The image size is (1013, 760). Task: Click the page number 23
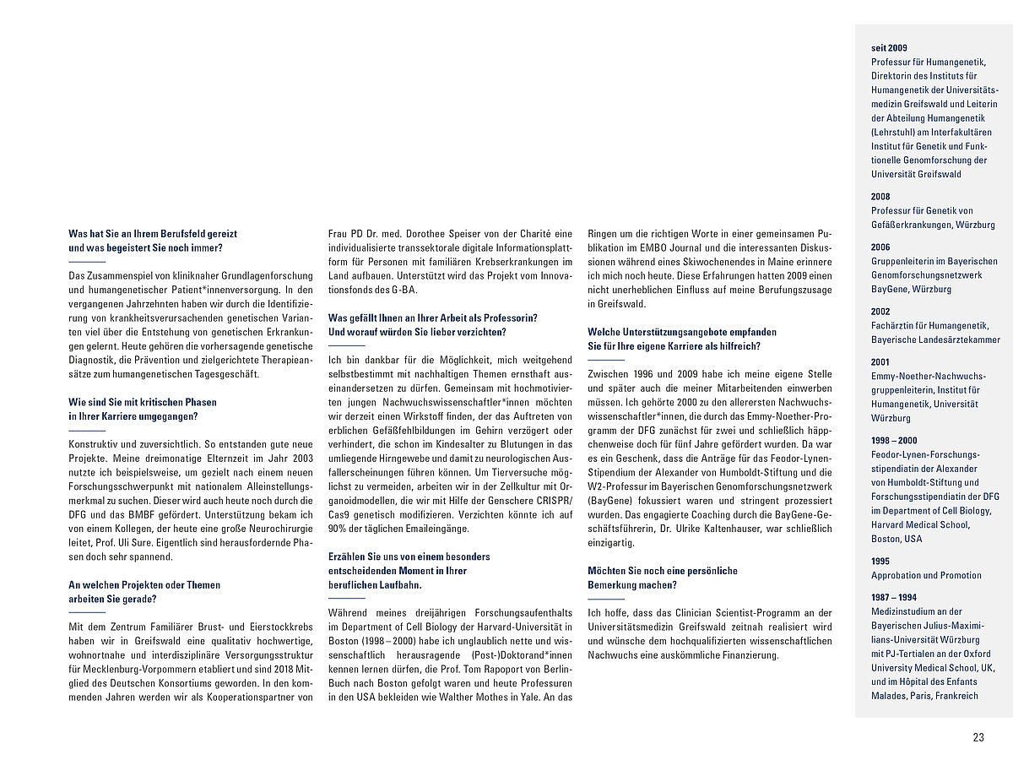(x=978, y=737)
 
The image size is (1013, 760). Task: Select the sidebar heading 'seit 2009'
(x=889, y=47)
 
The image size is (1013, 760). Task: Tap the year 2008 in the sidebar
(x=880, y=197)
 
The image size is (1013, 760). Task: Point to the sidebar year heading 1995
(x=880, y=562)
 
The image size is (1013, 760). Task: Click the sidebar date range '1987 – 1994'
(x=893, y=598)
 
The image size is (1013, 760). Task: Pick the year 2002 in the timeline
(x=880, y=312)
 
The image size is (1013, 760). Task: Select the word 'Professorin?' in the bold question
(x=512, y=318)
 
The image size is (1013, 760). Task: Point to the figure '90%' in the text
(x=338, y=529)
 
